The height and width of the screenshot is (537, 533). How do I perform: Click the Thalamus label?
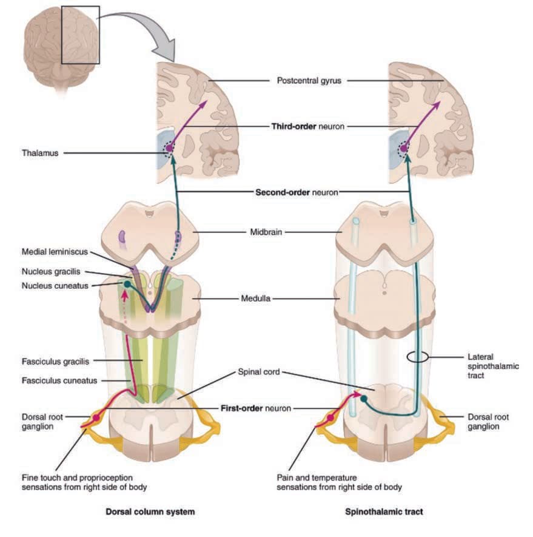click(40, 153)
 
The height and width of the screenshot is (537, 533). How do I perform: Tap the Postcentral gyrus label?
click(309, 81)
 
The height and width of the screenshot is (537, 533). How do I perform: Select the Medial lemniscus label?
click(55, 252)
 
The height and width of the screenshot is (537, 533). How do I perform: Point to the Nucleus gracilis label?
click(51, 272)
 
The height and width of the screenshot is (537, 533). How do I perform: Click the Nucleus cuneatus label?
click(55, 286)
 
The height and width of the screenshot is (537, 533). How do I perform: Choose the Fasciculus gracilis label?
click(55, 362)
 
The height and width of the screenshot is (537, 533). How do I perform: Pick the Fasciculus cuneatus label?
click(59, 381)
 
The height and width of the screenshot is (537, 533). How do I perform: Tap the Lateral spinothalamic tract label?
click(493, 366)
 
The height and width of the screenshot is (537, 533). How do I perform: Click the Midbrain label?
click(266, 232)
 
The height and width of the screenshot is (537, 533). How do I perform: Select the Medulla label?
click(256, 299)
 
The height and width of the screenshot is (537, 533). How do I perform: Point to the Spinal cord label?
click(259, 372)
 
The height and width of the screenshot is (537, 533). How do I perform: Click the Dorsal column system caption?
click(150, 512)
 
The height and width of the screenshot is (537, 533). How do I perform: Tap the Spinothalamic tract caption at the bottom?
click(384, 512)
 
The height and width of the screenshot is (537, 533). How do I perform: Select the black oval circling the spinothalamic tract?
click(418, 357)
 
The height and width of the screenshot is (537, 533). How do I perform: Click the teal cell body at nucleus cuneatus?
click(127, 284)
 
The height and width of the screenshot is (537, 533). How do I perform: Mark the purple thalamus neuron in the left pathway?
click(169, 148)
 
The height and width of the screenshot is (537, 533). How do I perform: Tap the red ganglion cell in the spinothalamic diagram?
click(330, 418)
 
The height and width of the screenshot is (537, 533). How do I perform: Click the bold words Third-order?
click(293, 127)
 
